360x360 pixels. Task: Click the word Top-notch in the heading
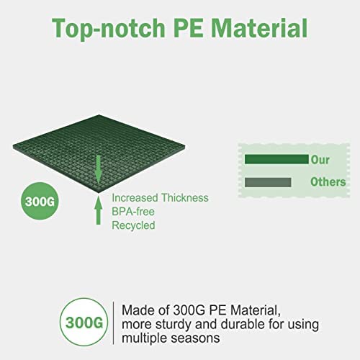click(109, 28)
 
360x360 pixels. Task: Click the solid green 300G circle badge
click(40, 201)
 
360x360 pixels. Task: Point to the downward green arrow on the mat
click(98, 170)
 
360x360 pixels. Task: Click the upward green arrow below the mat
click(99, 210)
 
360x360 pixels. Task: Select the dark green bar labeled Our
click(276, 159)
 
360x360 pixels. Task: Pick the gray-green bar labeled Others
click(268, 182)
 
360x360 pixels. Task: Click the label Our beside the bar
click(320, 160)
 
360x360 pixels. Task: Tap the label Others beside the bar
click(328, 182)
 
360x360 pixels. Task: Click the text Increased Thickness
click(160, 198)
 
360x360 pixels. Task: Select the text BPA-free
click(133, 212)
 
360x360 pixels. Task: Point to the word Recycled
click(133, 225)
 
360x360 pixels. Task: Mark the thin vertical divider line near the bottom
click(114, 323)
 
